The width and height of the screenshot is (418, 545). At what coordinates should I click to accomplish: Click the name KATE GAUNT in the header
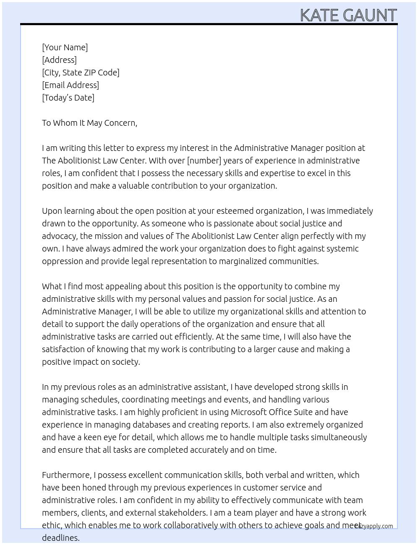click(x=348, y=16)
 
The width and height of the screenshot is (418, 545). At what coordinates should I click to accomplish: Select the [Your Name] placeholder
click(x=65, y=47)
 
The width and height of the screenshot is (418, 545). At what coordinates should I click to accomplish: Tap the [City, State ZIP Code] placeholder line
click(x=81, y=73)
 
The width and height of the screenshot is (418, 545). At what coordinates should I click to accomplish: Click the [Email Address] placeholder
click(x=71, y=85)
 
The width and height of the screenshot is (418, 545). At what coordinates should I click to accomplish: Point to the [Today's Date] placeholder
click(x=68, y=98)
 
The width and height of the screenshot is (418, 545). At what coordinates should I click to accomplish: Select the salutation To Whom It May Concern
click(x=89, y=123)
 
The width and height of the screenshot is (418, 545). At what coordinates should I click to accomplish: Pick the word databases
click(x=149, y=425)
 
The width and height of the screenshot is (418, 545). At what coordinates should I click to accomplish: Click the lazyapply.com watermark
click(x=374, y=526)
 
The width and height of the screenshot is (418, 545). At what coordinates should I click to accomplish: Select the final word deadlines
click(x=60, y=538)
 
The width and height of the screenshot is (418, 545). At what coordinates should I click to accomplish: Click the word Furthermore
click(x=66, y=475)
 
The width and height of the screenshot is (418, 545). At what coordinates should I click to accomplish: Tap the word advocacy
click(x=58, y=236)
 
